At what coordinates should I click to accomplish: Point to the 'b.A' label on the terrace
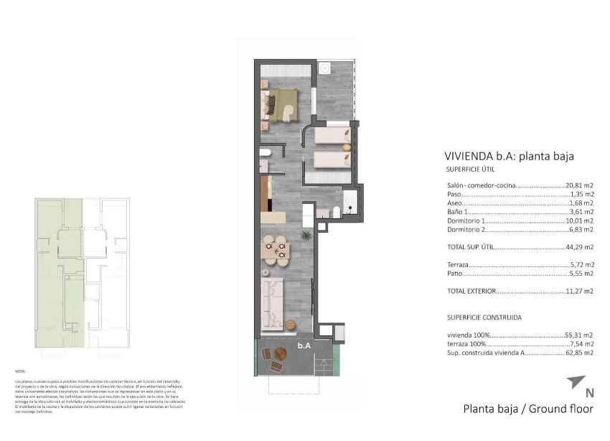pos(304,345)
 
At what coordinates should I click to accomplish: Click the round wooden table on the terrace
pos(277,366)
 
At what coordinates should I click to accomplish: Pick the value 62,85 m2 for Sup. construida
pos(579,353)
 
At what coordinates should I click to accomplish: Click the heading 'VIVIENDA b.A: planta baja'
pos(510,156)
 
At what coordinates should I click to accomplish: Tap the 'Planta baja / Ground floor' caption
pos(528,409)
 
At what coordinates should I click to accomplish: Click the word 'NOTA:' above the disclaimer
pos(20,371)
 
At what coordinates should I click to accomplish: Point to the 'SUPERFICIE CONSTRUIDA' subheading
pos(484,317)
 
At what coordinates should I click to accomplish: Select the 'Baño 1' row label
pos(457,212)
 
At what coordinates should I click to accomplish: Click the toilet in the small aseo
pos(263,153)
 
